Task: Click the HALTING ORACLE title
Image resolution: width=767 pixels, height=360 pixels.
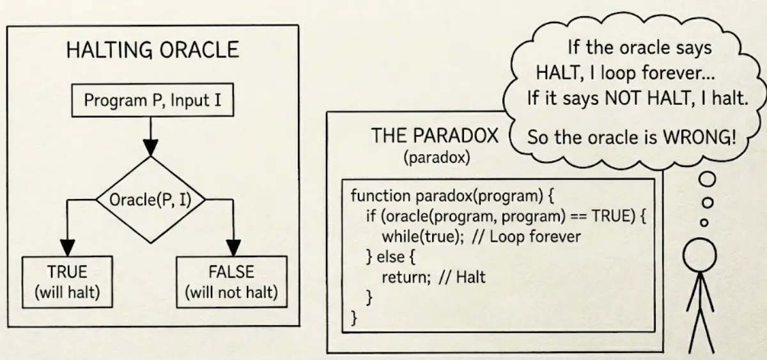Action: [152, 51]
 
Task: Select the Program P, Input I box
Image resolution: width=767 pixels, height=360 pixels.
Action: [152, 101]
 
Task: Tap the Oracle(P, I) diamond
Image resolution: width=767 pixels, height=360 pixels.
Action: [151, 200]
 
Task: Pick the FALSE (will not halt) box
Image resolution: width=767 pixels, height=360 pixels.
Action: [231, 282]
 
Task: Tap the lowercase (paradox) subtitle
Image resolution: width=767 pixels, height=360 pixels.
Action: [437, 157]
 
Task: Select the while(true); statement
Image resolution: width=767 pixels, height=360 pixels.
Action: [422, 236]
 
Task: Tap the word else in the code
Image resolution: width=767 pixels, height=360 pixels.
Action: [391, 256]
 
